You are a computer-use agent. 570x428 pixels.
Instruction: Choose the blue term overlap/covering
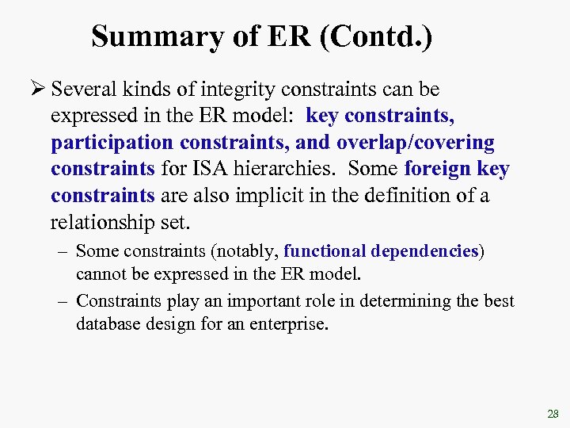415,143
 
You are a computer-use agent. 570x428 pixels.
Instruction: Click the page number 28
553,414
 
